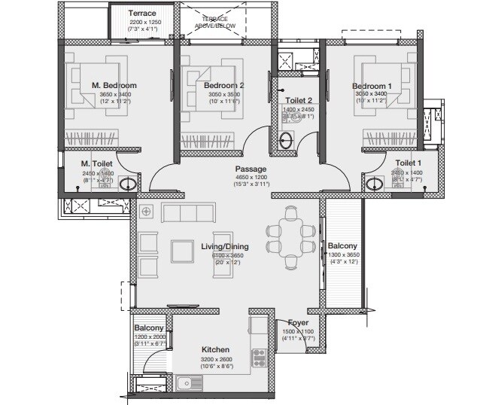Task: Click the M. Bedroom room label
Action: [x=114, y=85]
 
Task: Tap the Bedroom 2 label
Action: [x=224, y=86]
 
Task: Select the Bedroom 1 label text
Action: [x=372, y=86]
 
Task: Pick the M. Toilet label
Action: [x=97, y=163]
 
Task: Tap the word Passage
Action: [x=250, y=169]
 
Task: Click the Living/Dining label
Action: [x=224, y=246]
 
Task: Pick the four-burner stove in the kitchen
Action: [x=260, y=358]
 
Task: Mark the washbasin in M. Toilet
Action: [x=129, y=184]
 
